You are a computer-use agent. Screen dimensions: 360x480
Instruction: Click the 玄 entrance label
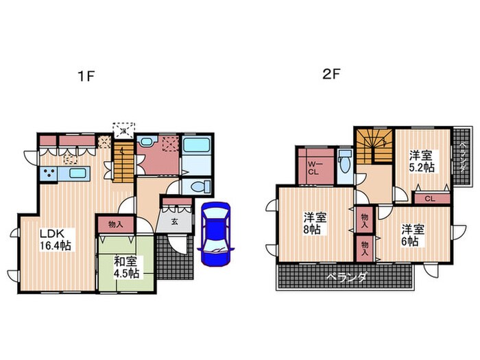(175, 221)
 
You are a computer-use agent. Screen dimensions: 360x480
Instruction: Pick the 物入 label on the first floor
(115, 224)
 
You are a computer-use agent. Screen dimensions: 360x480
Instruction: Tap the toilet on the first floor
(197, 185)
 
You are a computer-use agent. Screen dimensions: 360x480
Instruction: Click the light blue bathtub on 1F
(198, 147)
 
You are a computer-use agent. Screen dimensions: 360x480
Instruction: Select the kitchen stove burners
(49, 174)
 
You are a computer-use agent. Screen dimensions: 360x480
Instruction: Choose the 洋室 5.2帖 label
(421, 161)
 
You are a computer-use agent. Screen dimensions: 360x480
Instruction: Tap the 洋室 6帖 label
(412, 234)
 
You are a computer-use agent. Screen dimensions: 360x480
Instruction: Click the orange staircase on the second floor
(374, 145)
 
